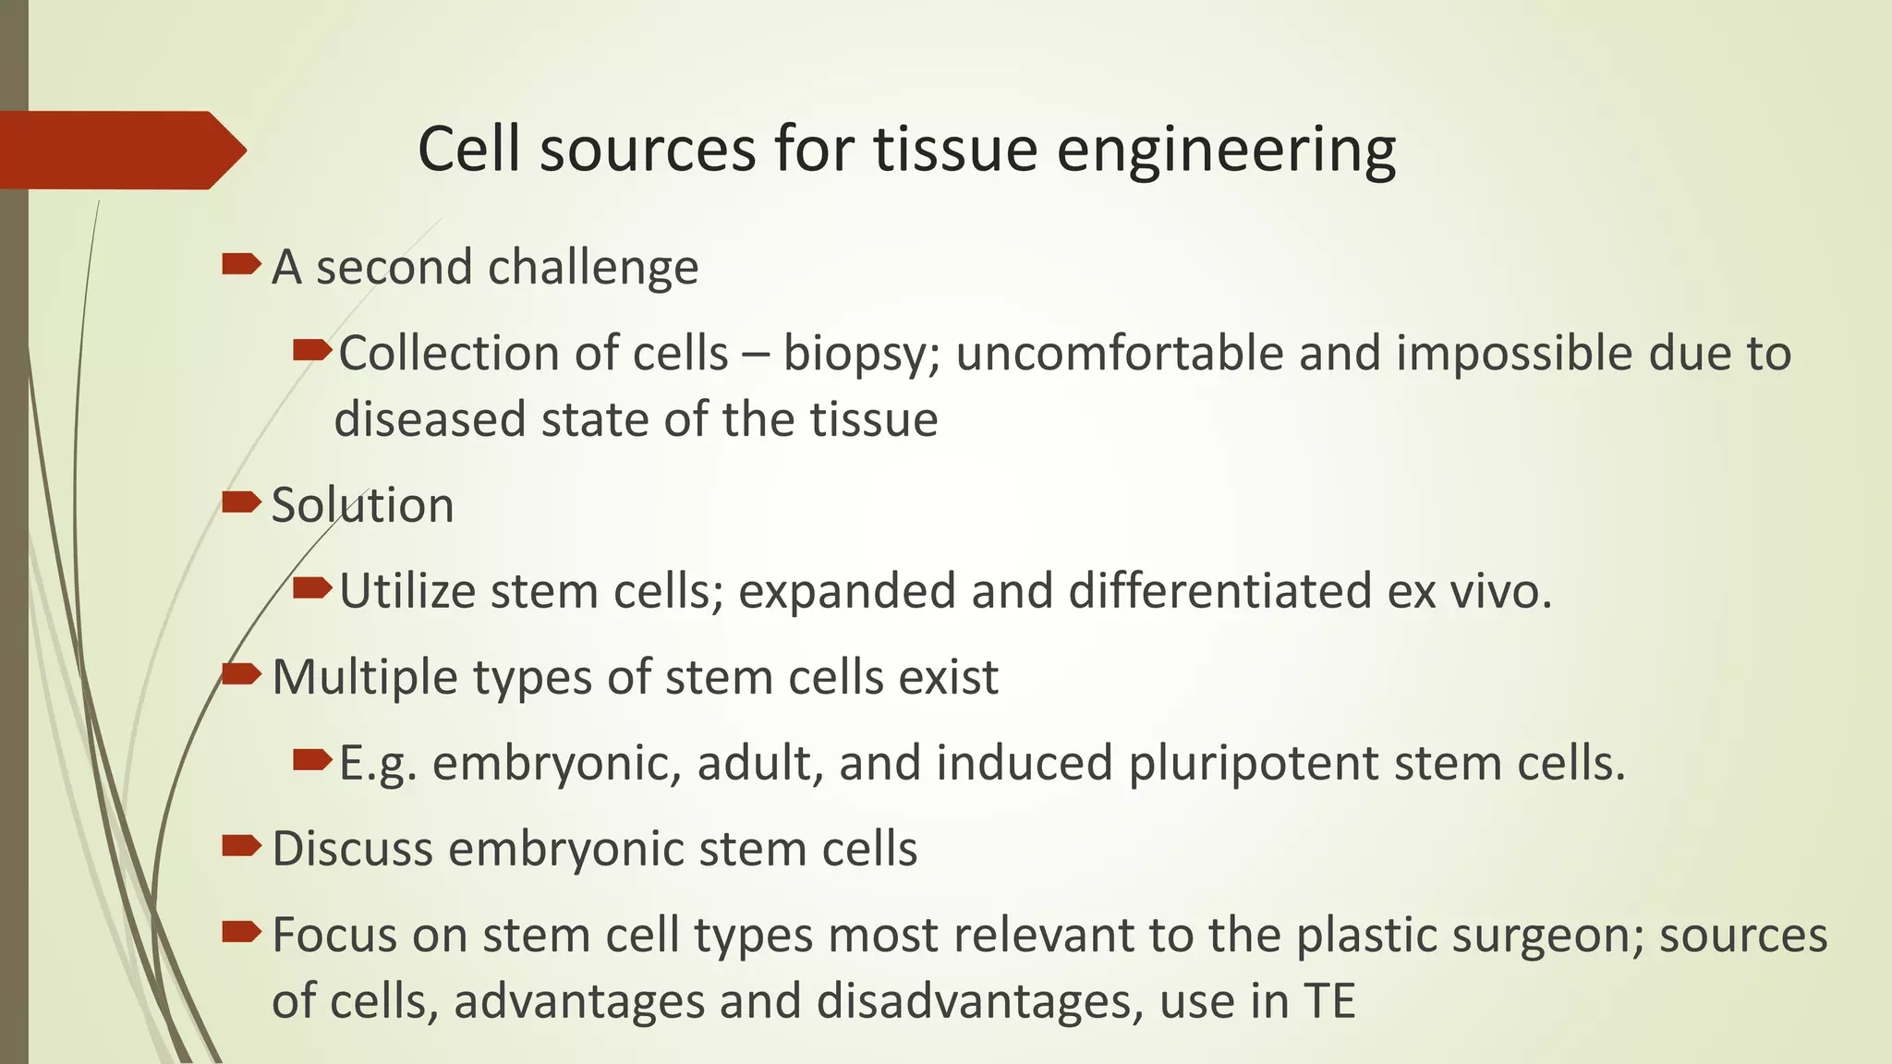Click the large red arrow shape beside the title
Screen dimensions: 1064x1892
[120, 150]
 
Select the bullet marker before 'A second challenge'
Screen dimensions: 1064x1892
[241, 266]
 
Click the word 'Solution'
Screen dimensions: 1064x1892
[362, 505]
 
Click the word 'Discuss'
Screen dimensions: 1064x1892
[352, 848]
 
